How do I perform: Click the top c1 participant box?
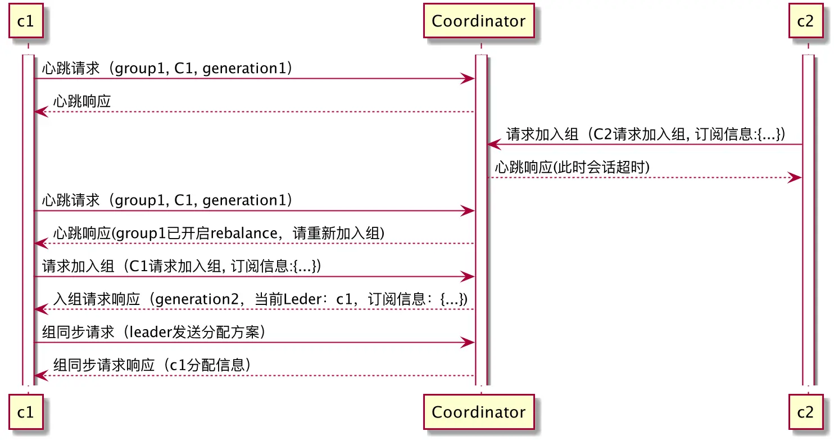click(x=26, y=21)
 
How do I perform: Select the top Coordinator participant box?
click(x=479, y=21)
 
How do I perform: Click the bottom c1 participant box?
click(x=26, y=412)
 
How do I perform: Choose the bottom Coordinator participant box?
click(x=479, y=412)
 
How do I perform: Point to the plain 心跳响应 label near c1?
click(x=82, y=102)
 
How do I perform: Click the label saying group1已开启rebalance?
click(x=219, y=234)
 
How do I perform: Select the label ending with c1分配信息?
click(x=152, y=365)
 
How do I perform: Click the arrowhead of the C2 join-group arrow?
click(x=493, y=145)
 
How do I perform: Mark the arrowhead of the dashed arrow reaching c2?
click(x=795, y=178)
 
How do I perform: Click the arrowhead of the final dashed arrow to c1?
click(x=40, y=376)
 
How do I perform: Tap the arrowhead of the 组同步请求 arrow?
click(x=469, y=343)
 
